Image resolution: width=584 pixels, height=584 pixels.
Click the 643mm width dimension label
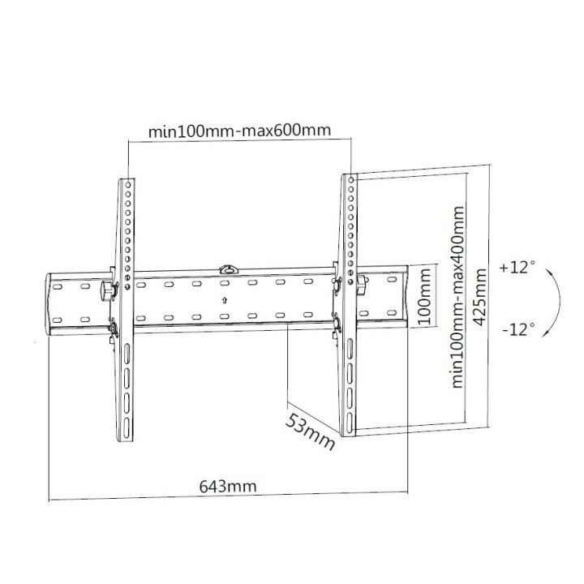click(x=227, y=487)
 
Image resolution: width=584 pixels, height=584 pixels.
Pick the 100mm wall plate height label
click(x=422, y=298)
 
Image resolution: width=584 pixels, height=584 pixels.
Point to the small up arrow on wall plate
click(x=224, y=300)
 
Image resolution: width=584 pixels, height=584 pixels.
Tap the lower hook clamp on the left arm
click(x=114, y=328)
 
